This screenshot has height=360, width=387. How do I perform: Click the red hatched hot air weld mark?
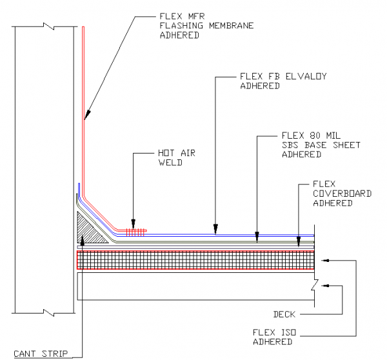tap(137, 230)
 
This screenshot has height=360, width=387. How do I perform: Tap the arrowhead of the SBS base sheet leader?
tap(257, 236)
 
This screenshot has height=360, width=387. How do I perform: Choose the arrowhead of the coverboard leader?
tap(299, 242)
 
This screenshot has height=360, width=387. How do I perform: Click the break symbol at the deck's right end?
tap(314, 285)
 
